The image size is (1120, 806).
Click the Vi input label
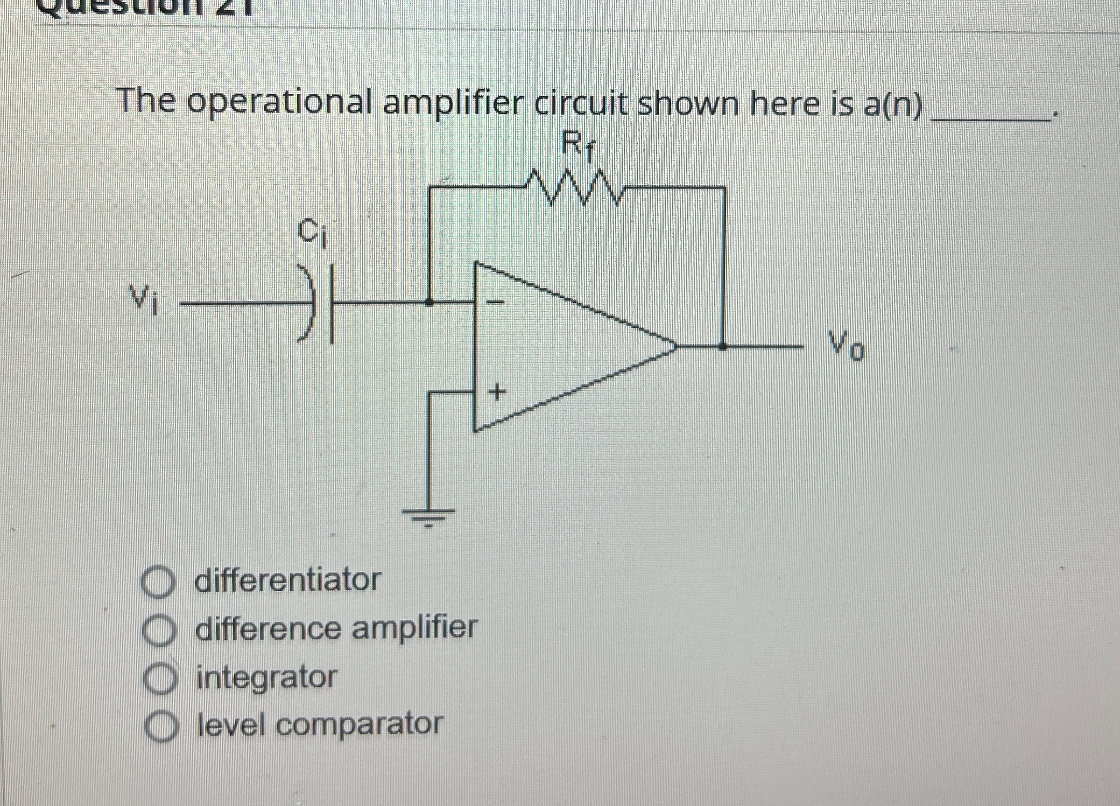click(x=144, y=300)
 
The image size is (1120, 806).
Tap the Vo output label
click(x=846, y=347)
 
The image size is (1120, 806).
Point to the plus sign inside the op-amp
click(x=497, y=393)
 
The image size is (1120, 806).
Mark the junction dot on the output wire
click(x=723, y=347)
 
